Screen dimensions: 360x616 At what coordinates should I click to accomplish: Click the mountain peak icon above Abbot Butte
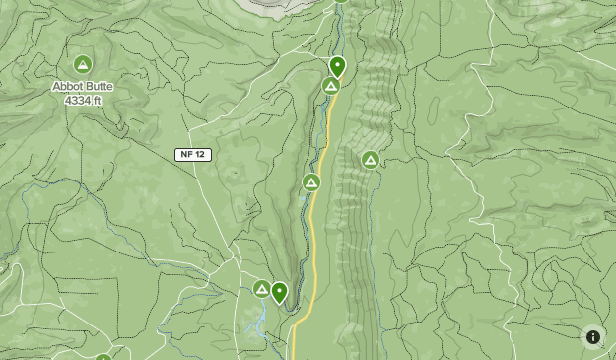tap(84, 65)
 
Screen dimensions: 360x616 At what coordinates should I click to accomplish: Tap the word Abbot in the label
tap(68, 87)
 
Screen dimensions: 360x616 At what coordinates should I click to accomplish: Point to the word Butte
tap(100, 87)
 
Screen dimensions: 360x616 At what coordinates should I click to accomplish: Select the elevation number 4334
tap(76, 100)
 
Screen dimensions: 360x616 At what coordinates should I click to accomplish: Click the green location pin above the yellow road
tap(337, 67)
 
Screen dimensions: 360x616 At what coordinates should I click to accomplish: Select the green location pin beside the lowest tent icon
tap(279, 291)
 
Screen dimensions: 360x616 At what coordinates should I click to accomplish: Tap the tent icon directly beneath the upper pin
tap(331, 87)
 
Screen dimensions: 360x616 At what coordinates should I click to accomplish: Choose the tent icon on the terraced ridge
tap(371, 160)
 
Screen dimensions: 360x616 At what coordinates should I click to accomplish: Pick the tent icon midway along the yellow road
tap(311, 182)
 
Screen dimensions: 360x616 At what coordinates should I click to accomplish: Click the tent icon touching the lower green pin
tap(262, 289)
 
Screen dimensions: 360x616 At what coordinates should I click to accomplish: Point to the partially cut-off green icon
tap(103, 357)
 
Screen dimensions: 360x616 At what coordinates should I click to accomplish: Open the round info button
tap(593, 337)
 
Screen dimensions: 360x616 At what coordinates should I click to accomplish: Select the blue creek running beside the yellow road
tap(319, 148)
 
